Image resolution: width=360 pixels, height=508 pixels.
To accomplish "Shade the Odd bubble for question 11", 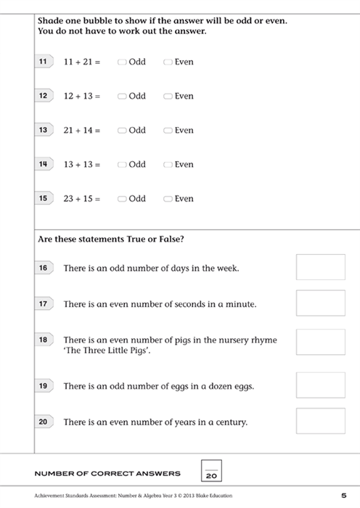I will coord(122,62).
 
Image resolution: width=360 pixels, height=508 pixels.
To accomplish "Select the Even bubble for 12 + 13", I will coord(168,97).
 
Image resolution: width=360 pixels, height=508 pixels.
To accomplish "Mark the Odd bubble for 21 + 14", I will coord(122,131).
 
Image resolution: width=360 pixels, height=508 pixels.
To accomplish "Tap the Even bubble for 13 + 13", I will coord(168,165).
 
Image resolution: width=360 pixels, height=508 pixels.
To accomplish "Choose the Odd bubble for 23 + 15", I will coord(122,199).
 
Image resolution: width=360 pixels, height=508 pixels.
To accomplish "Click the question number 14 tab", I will coord(44,164).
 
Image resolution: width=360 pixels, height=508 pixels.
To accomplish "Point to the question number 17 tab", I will coord(44,304).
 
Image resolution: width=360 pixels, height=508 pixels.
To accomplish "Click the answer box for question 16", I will coord(320,266).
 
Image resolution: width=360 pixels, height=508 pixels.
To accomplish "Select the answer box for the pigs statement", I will coord(320,342).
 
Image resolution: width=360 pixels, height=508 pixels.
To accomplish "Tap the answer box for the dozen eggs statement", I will coord(320,385).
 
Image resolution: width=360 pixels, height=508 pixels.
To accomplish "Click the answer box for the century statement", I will coord(320,420).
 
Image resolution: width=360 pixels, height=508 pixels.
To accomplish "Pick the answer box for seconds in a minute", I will coord(320,303).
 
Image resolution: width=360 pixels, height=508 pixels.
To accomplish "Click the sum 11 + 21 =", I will coord(82,62).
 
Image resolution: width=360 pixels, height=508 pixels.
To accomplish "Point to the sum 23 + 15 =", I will coord(82,199).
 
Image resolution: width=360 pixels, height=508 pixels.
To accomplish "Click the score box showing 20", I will coord(211,472).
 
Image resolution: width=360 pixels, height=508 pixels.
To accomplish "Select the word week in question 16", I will coord(227,269).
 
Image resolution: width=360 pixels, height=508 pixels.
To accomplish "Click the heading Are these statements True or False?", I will coord(114,239).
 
